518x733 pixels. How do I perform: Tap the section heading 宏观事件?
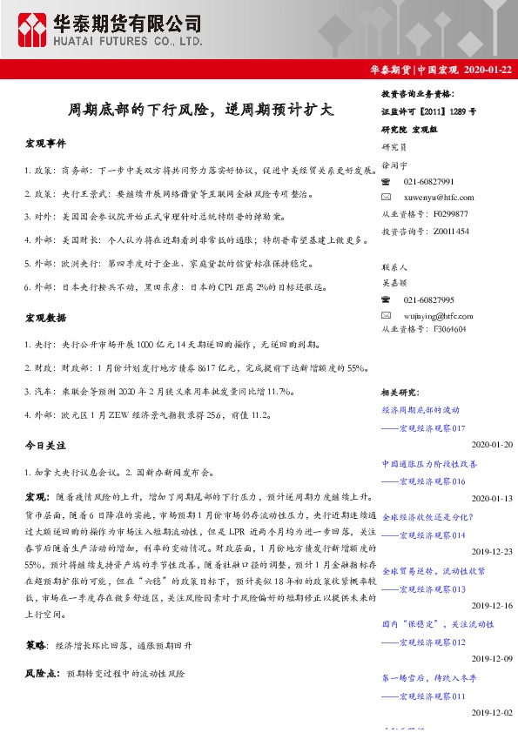(45, 143)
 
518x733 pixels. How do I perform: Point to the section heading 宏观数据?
(45, 319)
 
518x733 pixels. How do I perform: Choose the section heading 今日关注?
(45, 446)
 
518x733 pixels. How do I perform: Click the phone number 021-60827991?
(429, 181)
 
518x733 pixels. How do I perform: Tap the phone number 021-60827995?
(429, 298)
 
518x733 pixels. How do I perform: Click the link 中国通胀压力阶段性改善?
(429, 465)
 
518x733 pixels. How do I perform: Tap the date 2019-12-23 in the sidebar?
(493, 552)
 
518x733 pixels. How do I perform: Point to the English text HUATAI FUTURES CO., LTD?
(129, 40)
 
